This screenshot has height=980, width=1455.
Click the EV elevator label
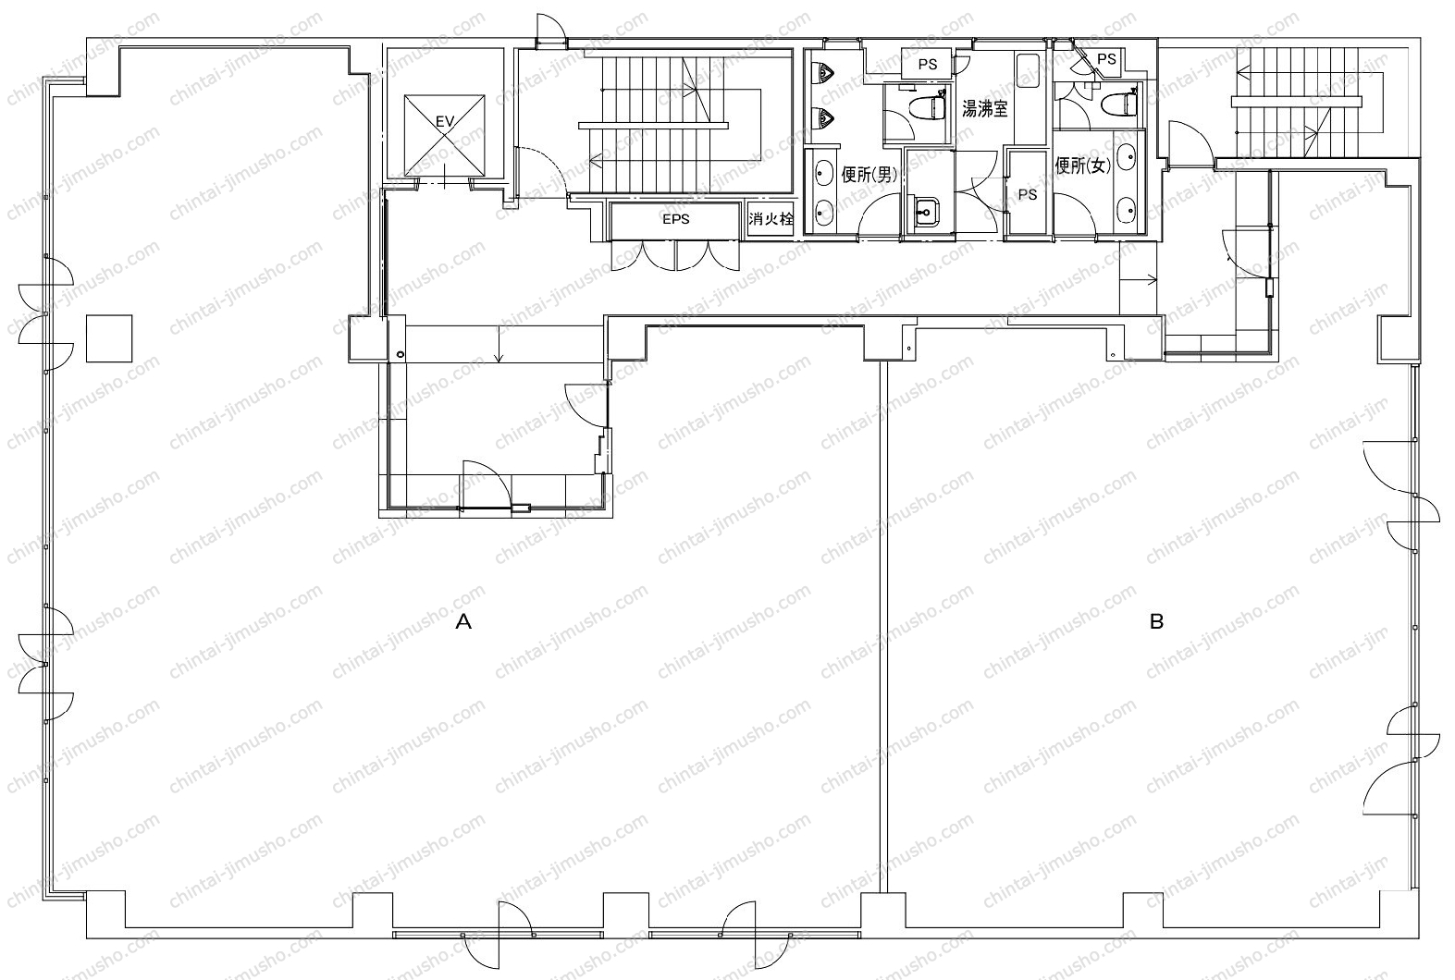444,121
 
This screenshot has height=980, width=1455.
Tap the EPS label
675,219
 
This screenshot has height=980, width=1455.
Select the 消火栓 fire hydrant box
771,219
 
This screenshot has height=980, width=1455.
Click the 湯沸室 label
984,109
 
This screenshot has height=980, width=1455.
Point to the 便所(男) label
869,174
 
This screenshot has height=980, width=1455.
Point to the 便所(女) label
1083,165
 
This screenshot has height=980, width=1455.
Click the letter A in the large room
463,622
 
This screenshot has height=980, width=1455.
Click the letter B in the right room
1156,622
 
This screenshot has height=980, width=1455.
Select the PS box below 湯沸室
1027,193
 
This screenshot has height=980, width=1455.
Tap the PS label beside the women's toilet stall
1106,58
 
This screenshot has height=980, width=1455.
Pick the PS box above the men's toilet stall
927,65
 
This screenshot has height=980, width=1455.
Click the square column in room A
109,338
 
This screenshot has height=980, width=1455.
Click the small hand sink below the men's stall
924,211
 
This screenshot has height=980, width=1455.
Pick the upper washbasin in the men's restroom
824,174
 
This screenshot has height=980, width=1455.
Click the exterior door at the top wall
550,31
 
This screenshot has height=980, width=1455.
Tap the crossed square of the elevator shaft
444,136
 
